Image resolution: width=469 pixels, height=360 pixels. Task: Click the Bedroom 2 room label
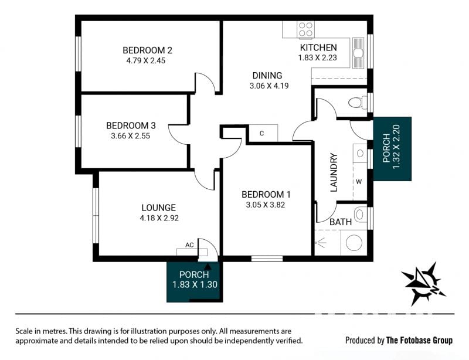(x=148, y=50)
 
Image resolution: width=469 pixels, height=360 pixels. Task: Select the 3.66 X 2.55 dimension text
(x=130, y=136)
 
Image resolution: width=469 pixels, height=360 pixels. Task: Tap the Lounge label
(x=158, y=208)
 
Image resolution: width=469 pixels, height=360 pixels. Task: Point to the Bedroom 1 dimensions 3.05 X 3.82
(x=266, y=205)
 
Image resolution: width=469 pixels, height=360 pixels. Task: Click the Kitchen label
(x=318, y=47)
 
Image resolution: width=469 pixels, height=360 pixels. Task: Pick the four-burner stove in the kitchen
(x=305, y=29)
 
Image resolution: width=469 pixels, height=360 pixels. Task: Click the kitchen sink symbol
(x=358, y=53)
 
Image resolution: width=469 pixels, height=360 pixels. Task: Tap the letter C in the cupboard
(x=261, y=133)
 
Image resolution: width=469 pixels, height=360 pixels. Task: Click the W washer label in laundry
(x=359, y=182)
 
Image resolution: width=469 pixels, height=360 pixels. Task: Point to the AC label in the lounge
(x=189, y=245)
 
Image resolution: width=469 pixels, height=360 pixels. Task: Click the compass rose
(x=423, y=284)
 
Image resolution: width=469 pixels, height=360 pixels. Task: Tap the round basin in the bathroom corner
(x=354, y=242)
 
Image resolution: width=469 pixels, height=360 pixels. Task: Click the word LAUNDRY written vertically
(x=333, y=172)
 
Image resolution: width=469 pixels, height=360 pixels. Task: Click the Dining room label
(x=267, y=76)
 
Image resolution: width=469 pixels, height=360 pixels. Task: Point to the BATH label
(x=341, y=222)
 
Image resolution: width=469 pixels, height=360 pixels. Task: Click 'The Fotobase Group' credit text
(x=419, y=340)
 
